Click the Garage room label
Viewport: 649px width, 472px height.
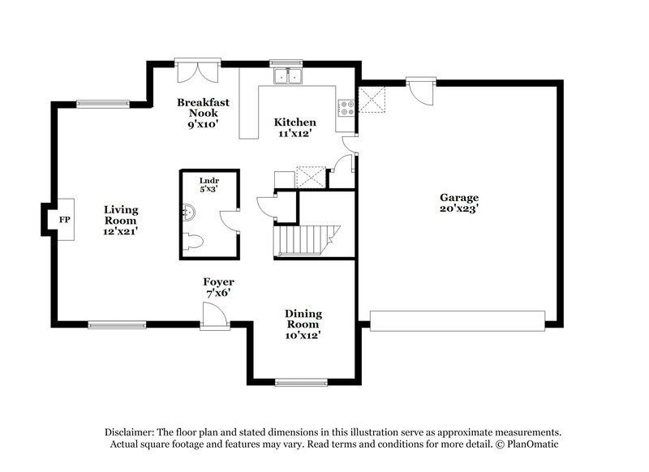[x=459, y=197]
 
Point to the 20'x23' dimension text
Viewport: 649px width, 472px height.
[x=459, y=208]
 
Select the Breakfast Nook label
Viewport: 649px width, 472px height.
[x=203, y=108]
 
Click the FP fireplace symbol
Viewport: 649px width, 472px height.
[x=62, y=219]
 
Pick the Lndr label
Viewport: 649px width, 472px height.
[x=209, y=181]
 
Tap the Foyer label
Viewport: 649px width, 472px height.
[x=218, y=282]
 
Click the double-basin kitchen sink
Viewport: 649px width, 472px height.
[x=286, y=76]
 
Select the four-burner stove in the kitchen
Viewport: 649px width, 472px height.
[x=346, y=106]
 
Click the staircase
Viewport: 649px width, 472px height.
[x=306, y=240]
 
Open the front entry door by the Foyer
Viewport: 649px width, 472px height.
[x=215, y=316]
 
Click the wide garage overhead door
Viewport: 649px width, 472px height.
[x=457, y=320]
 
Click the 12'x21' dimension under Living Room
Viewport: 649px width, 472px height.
[x=120, y=231]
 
